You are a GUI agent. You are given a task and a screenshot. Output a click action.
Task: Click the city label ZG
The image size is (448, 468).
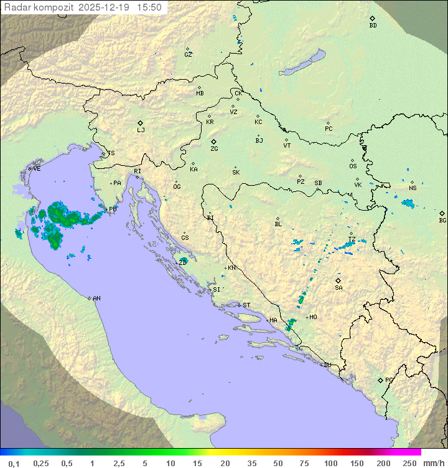click(214, 149)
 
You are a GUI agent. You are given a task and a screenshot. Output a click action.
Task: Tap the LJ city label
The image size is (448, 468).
click(141, 130)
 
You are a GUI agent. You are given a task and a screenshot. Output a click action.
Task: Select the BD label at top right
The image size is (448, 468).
click(373, 26)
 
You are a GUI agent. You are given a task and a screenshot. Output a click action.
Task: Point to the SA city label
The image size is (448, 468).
click(338, 288)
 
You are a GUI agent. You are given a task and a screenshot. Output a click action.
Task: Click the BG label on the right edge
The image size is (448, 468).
click(442, 220)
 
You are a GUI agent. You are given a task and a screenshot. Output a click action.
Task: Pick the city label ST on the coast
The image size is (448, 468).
click(246, 305)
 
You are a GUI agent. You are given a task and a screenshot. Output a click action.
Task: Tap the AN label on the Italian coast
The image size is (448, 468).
click(96, 298)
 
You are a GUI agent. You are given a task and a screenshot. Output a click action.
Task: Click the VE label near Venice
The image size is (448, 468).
click(37, 169)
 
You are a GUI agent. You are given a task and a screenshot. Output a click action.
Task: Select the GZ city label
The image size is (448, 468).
click(188, 55)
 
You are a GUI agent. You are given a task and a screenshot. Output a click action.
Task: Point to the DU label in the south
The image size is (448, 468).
click(327, 365)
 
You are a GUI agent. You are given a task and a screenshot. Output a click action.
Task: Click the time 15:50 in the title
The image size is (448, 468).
click(149, 7)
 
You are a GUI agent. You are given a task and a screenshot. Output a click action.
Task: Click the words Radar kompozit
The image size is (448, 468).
click(39, 7)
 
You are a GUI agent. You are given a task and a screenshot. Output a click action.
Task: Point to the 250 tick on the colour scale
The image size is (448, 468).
click(409, 463)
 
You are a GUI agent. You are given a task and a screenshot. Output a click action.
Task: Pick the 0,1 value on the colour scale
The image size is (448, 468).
click(14, 463)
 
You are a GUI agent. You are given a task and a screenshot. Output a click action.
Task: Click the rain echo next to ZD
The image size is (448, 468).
click(183, 260)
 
